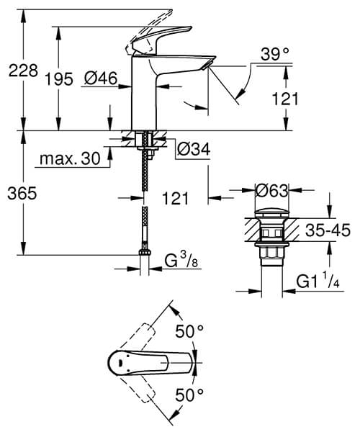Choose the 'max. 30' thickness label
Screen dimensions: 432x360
[70, 158]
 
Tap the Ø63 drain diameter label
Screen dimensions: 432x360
[273, 192]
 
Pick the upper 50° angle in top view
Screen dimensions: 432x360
[191, 333]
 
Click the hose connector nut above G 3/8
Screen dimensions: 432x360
[145, 253]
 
